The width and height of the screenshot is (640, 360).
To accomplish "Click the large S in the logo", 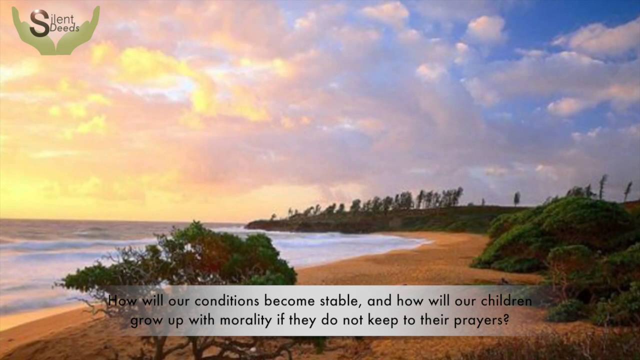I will [39, 23].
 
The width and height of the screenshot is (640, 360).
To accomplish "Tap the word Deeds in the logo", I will [64, 28].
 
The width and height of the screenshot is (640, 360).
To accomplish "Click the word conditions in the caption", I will [227, 301].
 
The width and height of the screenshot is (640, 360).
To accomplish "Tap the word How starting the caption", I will [119, 301].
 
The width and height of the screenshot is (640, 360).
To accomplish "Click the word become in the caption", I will [289, 301].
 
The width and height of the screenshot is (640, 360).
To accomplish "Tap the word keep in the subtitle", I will [383, 320].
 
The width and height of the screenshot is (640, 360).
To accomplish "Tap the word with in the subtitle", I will [200, 320].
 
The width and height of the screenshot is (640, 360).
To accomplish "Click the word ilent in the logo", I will [62, 19].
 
